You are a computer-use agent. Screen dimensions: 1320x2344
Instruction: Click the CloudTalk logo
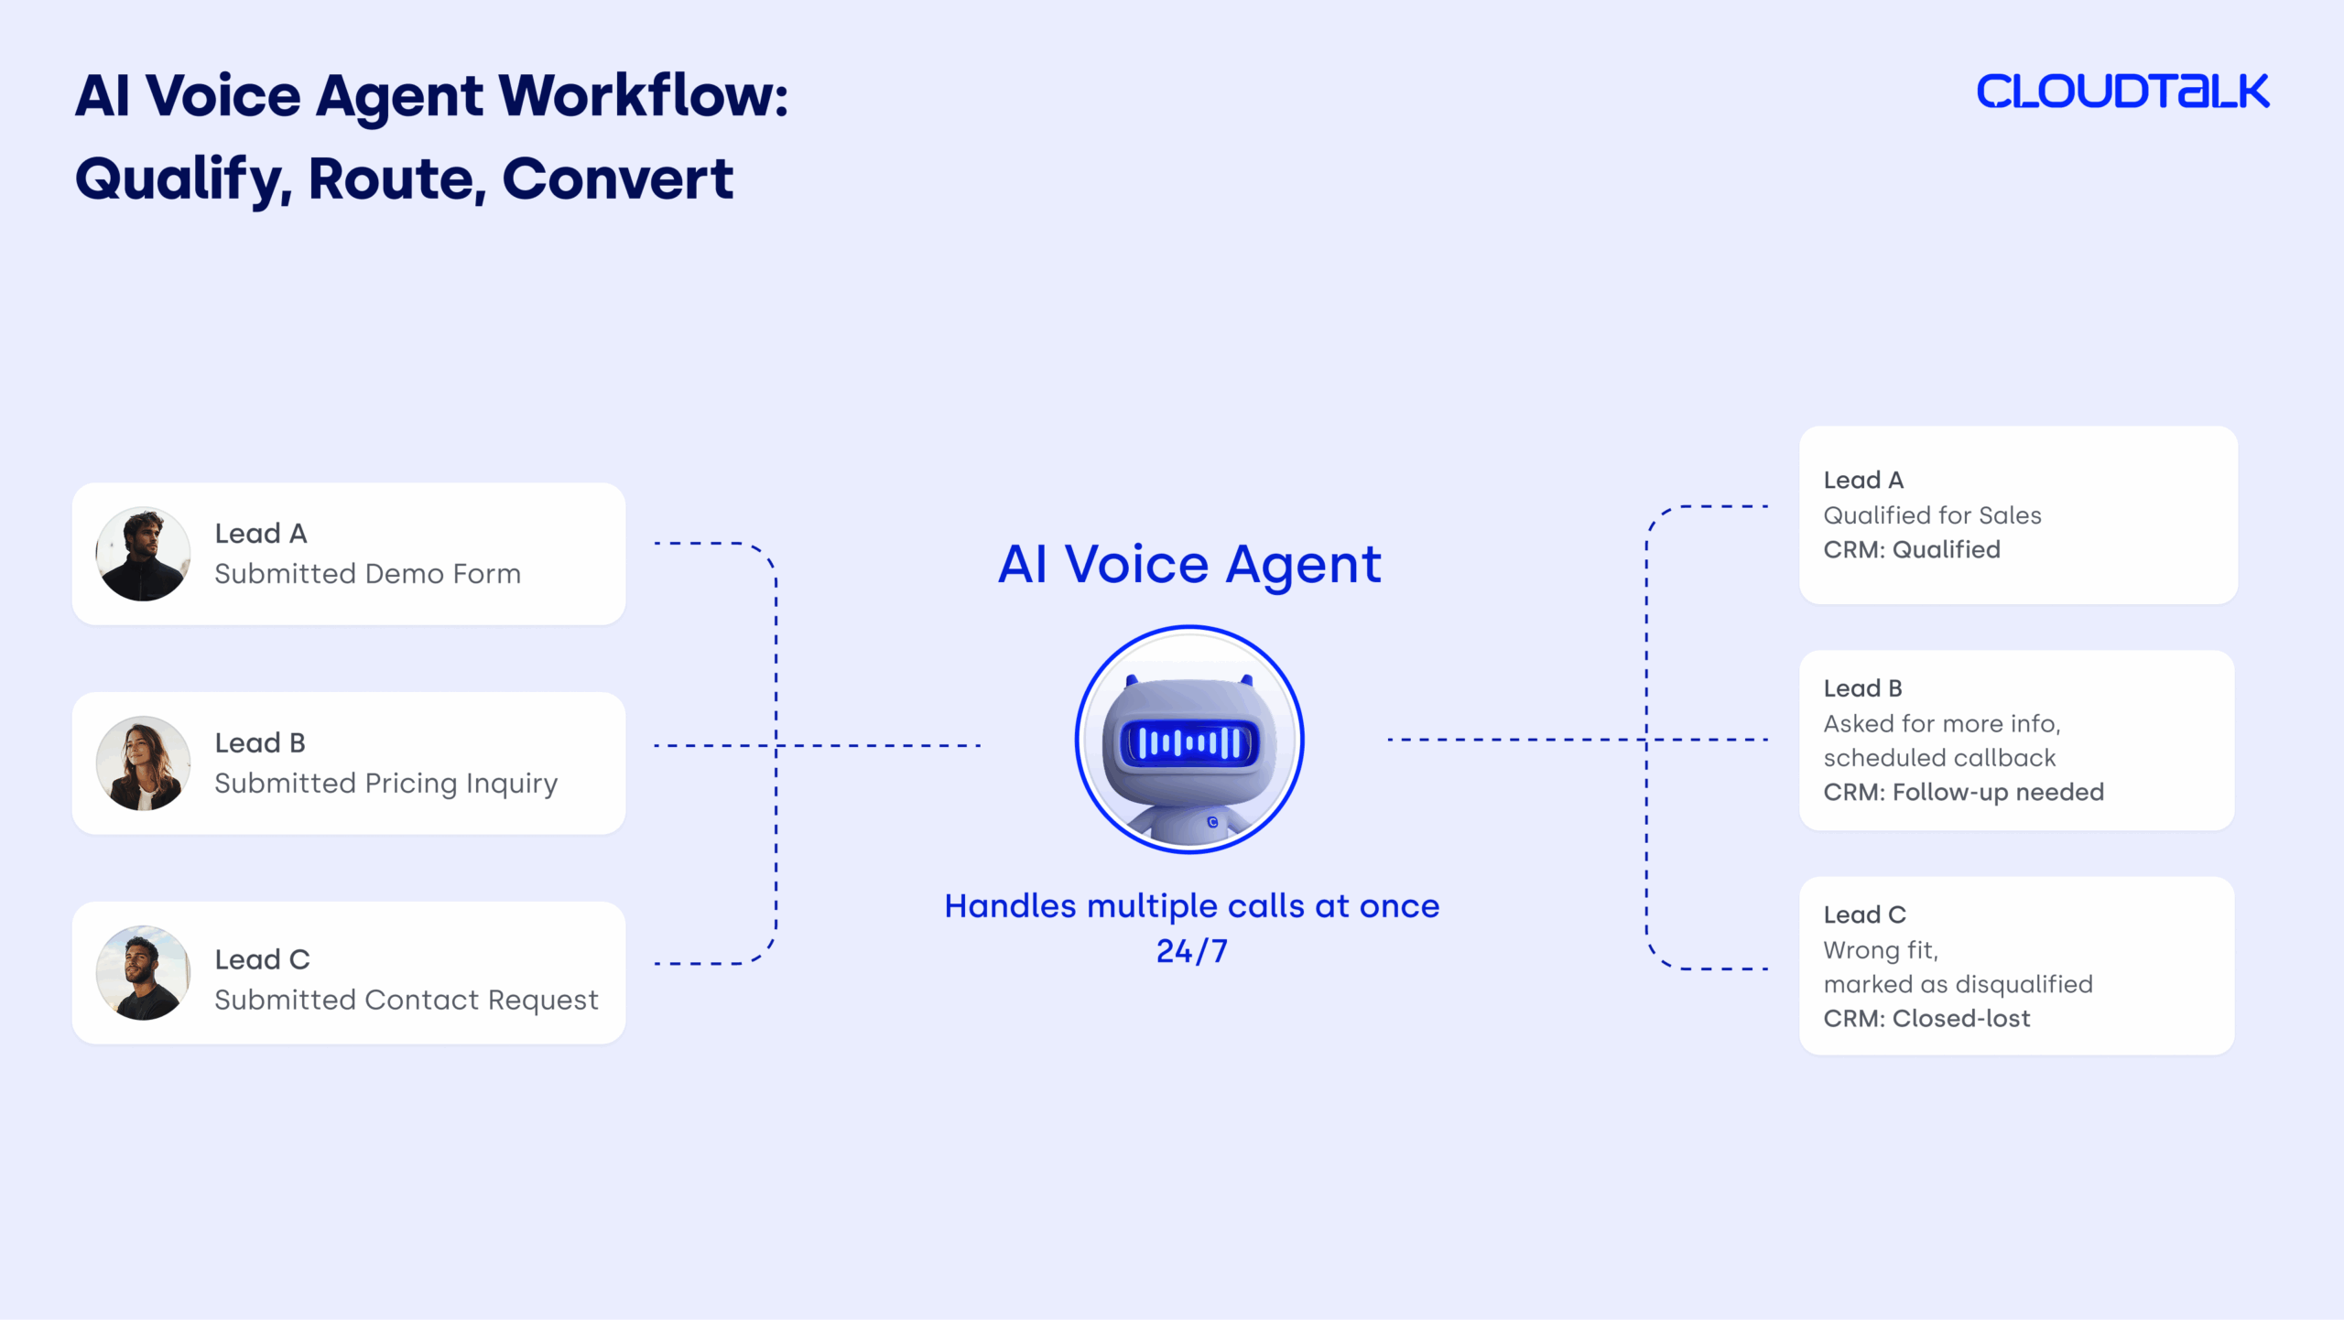(2122, 92)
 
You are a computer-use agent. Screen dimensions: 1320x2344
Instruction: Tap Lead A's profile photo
(144, 554)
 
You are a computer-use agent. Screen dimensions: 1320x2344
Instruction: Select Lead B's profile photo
(144, 763)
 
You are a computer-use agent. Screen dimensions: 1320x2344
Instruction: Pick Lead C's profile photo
(144, 972)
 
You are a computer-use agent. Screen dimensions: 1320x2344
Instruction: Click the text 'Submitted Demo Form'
(367, 574)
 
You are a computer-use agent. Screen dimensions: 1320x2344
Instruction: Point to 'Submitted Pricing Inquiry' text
(385, 784)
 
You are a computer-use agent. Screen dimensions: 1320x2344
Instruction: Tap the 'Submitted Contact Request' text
(406, 1000)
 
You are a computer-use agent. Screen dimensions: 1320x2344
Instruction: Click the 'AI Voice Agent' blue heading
(1189, 564)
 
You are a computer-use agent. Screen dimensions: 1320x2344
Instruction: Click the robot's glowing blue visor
(1189, 741)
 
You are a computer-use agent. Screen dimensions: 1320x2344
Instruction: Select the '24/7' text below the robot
(1191, 951)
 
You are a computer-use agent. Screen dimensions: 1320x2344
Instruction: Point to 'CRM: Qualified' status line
(1912, 549)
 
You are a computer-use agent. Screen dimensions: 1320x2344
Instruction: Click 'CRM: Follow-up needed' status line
(1963, 792)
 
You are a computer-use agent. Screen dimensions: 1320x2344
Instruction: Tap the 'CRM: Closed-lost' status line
(1926, 1018)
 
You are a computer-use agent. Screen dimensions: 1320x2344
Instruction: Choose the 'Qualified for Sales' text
(1932, 515)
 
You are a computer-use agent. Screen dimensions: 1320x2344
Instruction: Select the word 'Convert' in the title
(617, 179)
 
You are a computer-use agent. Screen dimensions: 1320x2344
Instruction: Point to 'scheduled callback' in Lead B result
(1939, 758)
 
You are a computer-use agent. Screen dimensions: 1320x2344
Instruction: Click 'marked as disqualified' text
(1958, 984)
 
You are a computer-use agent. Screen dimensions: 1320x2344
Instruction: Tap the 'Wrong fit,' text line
(1881, 950)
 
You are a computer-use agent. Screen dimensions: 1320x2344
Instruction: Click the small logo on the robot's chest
(1212, 822)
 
